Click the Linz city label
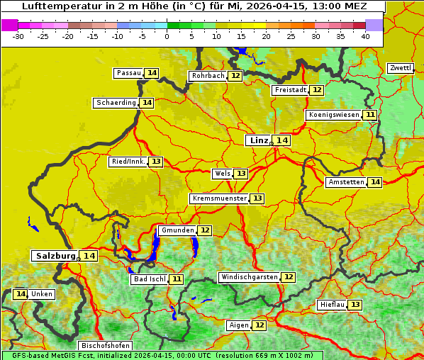258,140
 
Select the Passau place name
129,73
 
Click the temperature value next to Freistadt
317,90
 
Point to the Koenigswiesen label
334,115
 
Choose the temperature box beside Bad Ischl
176,279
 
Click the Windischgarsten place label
249,277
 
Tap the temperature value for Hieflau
355,305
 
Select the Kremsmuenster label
219,198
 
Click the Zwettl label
400,68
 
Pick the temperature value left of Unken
21,294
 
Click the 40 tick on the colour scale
365,35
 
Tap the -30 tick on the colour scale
18,35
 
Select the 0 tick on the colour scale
167,35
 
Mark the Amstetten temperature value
375,182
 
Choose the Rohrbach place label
208,76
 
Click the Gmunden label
177,230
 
